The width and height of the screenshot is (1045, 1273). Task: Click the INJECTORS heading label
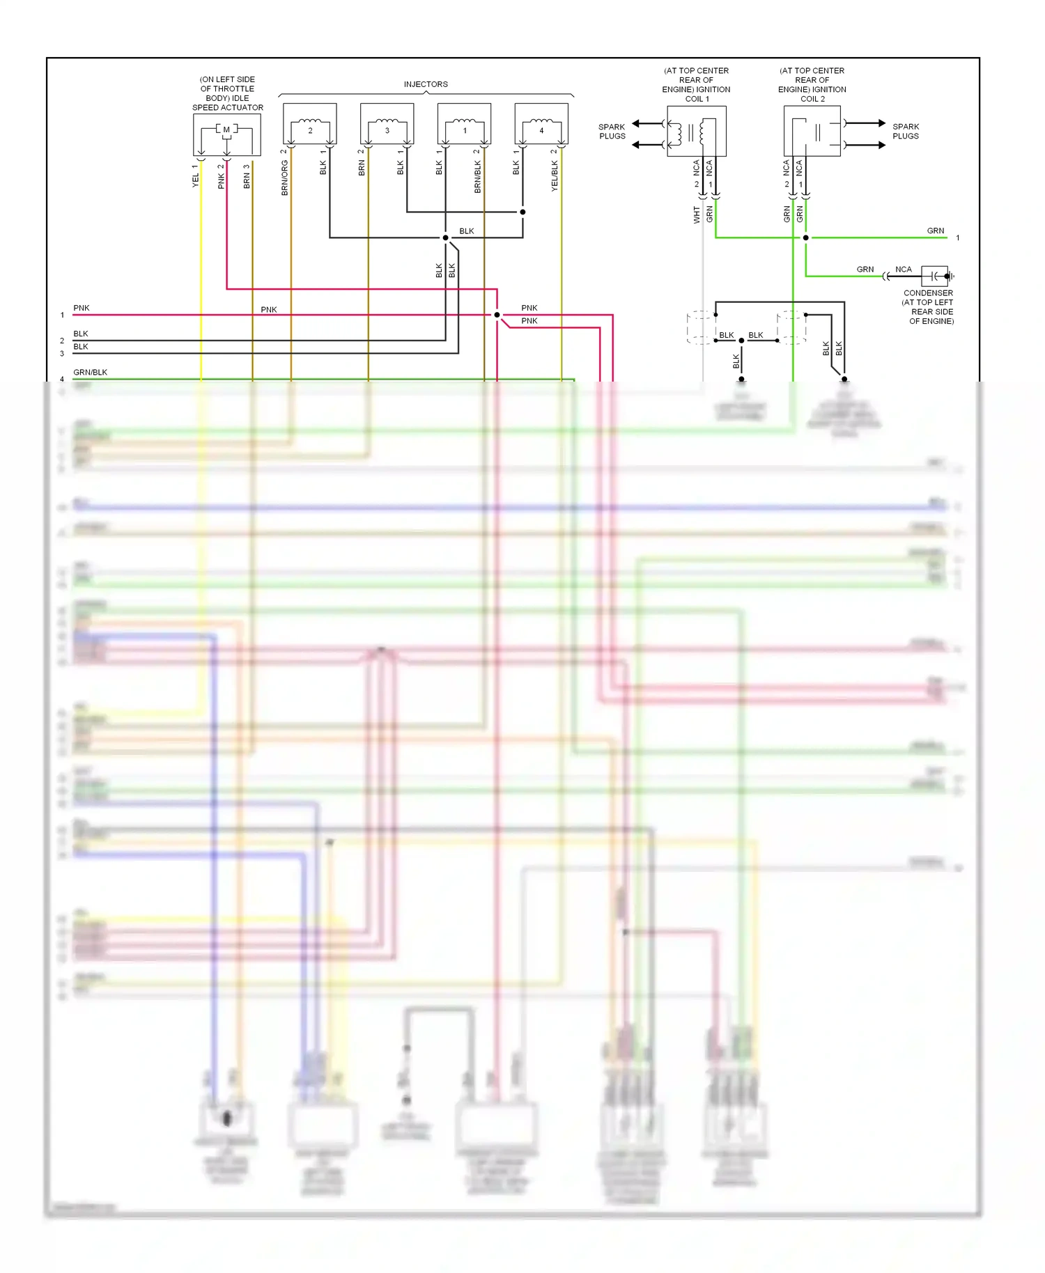pyautogui.click(x=426, y=84)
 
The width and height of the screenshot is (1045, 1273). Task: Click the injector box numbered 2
pyautogui.click(x=310, y=124)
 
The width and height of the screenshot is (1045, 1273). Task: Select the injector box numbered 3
pyautogui.click(x=387, y=124)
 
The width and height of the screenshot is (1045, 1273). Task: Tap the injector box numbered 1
pyautogui.click(x=464, y=124)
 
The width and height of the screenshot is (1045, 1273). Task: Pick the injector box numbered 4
pyautogui.click(x=541, y=124)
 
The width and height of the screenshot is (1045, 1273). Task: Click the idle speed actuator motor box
pyautogui.click(x=226, y=134)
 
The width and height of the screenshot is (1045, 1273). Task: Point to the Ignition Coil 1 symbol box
pyautogui.click(x=696, y=131)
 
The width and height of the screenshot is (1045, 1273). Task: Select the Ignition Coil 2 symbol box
pyautogui.click(x=812, y=131)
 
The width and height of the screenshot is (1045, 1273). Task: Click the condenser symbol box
pyautogui.click(x=934, y=276)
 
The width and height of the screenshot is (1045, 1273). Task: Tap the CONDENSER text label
pyautogui.click(x=928, y=293)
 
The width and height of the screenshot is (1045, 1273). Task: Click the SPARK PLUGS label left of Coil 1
pyautogui.click(x=612, y=132)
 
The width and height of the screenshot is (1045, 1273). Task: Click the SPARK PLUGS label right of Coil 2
pyautogui.click(x=905, y=132)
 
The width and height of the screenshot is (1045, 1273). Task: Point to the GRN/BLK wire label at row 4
pyautogui.click(x=91, y=373)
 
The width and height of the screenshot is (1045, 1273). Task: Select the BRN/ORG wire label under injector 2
pyautogui.click(x=284, y=178)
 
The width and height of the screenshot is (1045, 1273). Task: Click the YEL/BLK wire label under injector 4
pyautogui.click(x=555, y=175)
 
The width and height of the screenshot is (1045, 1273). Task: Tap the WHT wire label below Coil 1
pyautogui.click(x=696, y=214)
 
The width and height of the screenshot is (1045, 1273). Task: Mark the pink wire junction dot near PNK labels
pyautogui.click(x=497, y=315)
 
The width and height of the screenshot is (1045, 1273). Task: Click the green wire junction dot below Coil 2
pyautogui.click(x=805, y=237)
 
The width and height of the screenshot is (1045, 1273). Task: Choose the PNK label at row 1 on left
pyautogui.click(x=82, y=308)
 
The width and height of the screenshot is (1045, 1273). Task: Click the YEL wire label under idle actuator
pyautogui.click(x=195, y=180)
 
